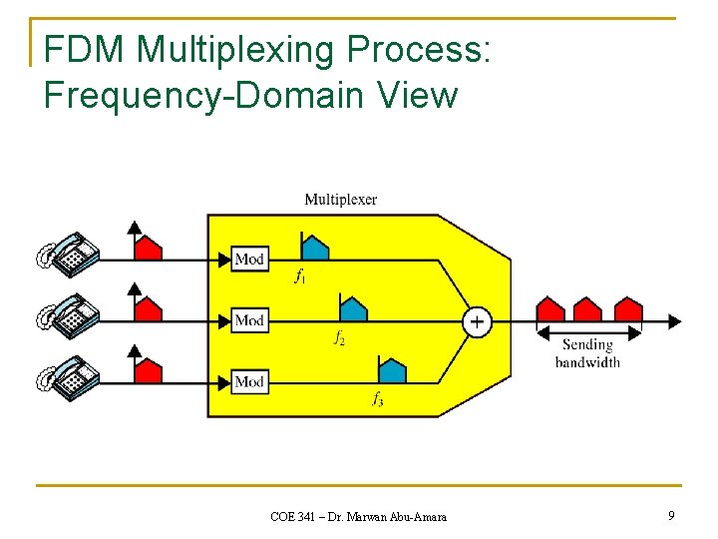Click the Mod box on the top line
pos(249,260)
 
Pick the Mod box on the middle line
pos(249,320)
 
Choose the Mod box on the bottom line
pos(249,381)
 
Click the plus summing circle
pos(477,321)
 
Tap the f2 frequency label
pos(339,338)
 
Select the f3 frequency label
pos(378,400)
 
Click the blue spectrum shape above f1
pos(314,247)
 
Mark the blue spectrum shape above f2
pos(353,308)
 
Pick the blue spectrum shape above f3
pos(392,369)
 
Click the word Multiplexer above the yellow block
pos(341,200)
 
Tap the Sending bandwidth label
pos(587,352)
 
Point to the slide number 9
pos(671,515)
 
